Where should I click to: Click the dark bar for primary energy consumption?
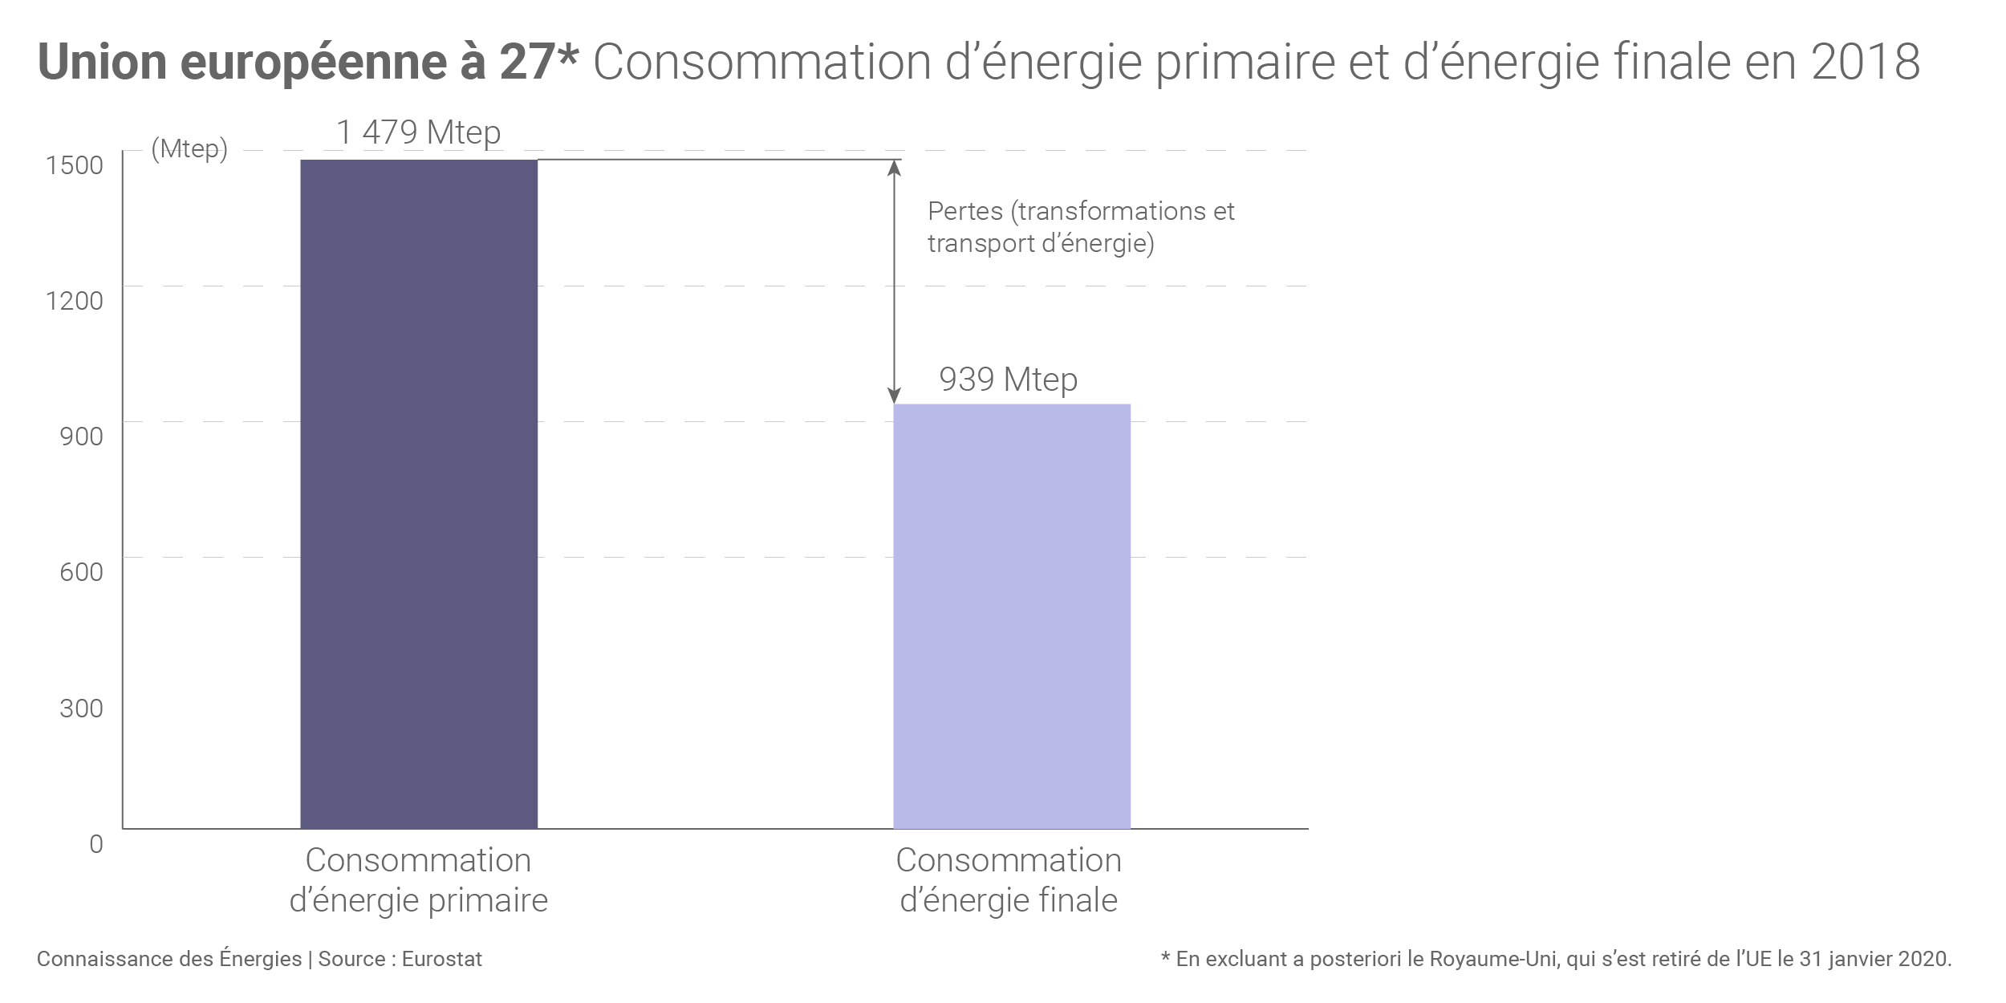[418, 493]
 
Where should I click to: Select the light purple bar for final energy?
[1011, 615]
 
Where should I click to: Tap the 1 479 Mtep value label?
[418, 132]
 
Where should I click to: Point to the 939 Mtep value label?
[1008, 380]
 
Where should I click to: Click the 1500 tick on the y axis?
[75, 165]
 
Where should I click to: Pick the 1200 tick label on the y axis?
[75, 301]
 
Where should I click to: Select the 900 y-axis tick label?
[81, 437]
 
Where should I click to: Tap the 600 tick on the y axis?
[81, 572]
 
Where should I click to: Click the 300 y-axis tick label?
[81, 709]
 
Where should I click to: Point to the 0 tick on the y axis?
[96, 844]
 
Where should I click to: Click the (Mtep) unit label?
[189, 149]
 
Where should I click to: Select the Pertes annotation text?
[1080, 227]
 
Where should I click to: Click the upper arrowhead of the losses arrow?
[894, 166]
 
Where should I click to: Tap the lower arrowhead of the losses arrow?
[894, 397]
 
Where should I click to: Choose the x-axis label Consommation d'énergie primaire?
[418, 880]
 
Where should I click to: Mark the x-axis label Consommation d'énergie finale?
[1009, 880]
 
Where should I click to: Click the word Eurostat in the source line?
[442, 959]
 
